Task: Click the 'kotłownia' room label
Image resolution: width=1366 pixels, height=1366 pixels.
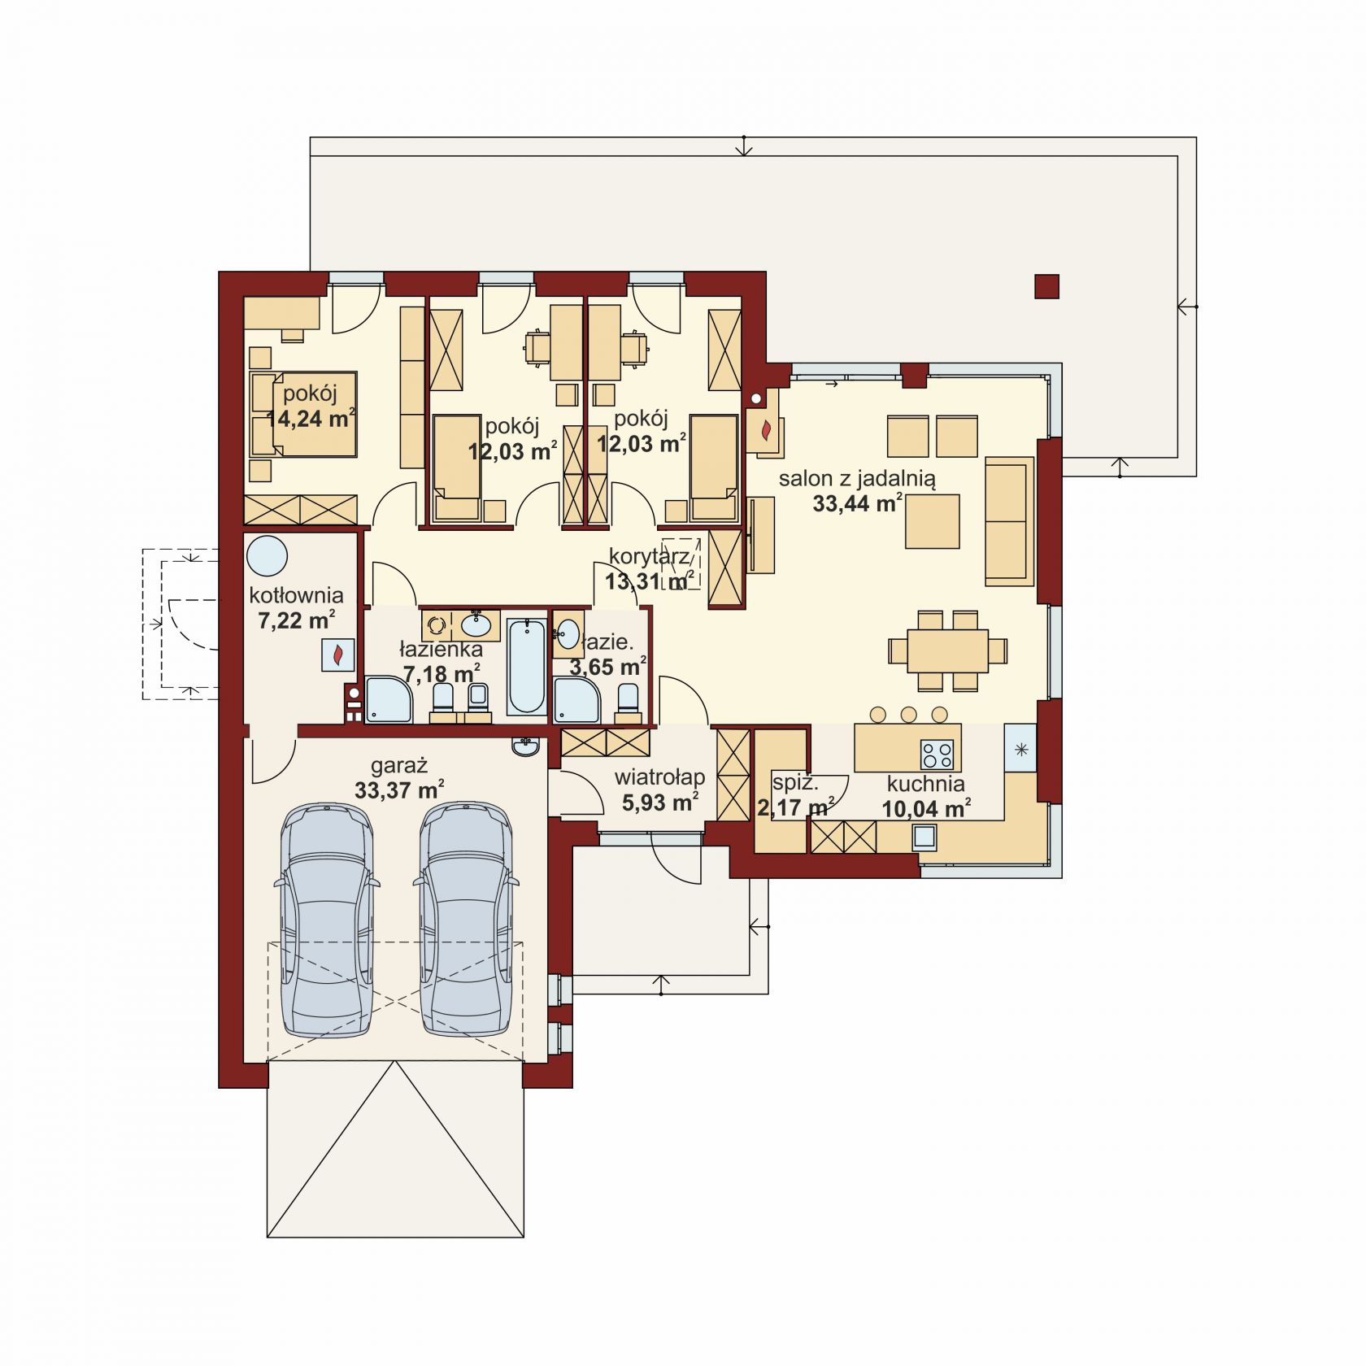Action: (296, 595)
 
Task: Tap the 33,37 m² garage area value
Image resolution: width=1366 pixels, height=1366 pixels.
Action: (399, 790)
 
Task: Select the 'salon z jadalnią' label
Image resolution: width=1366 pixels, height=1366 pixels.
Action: (857, 479)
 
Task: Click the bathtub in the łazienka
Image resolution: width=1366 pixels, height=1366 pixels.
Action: (526, 667)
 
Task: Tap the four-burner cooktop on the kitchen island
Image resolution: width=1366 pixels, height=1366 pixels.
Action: (937, 755)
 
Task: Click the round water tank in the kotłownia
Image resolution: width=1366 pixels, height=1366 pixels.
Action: (268, 557)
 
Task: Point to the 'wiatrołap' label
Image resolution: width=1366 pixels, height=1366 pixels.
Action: (659, 777)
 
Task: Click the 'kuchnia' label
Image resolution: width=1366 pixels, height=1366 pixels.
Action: (926, 784)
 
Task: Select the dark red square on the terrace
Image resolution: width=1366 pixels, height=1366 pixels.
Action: (1047, 287)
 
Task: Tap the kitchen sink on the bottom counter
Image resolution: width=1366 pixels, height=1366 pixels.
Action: (924, 837)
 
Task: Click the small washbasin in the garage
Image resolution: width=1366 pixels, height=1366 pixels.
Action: (526, 746)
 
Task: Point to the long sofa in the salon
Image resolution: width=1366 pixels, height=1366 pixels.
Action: (1009, 521)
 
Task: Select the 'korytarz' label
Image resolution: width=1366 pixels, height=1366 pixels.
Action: (649, 556)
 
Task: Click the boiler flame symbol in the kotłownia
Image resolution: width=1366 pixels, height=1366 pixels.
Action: (338, 655)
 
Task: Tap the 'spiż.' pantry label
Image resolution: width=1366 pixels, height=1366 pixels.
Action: (795, 783)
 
